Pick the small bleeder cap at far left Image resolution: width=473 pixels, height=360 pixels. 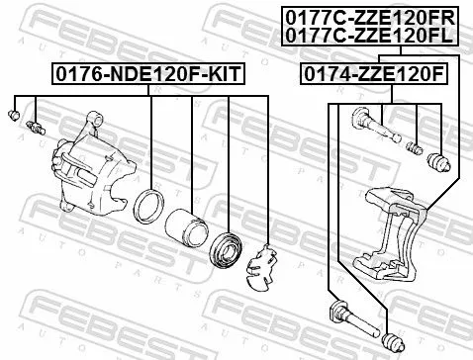tap(15, 116)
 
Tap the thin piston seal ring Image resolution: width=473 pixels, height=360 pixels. tap(150, 208)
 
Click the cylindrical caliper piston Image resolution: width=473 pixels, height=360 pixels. tap(185, 230)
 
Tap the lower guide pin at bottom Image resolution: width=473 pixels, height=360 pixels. tap(341, 317)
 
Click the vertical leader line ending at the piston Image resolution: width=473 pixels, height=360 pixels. tap(190, 148)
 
